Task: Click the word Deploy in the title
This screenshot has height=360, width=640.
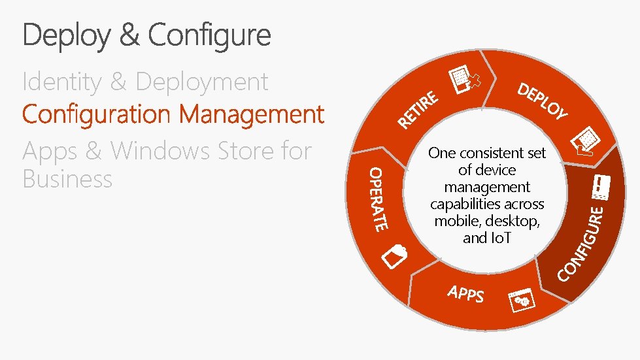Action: point(66,35)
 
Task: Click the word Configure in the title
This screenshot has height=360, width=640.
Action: point(209,35)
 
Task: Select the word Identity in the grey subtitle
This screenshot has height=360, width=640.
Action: point(62,82)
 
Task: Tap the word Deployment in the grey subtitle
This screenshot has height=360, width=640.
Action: point(202,82)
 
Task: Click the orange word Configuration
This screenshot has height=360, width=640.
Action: point(96,114)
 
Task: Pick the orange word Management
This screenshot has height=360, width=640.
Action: point(252,114)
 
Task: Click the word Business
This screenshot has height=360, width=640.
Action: point(67,179)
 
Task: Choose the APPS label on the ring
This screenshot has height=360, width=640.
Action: point(465,294)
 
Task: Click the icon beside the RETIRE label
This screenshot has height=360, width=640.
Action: point(466,82)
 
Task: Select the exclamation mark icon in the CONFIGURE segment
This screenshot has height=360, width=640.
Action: point(599,189)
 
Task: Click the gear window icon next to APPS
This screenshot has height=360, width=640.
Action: point(522,300)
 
